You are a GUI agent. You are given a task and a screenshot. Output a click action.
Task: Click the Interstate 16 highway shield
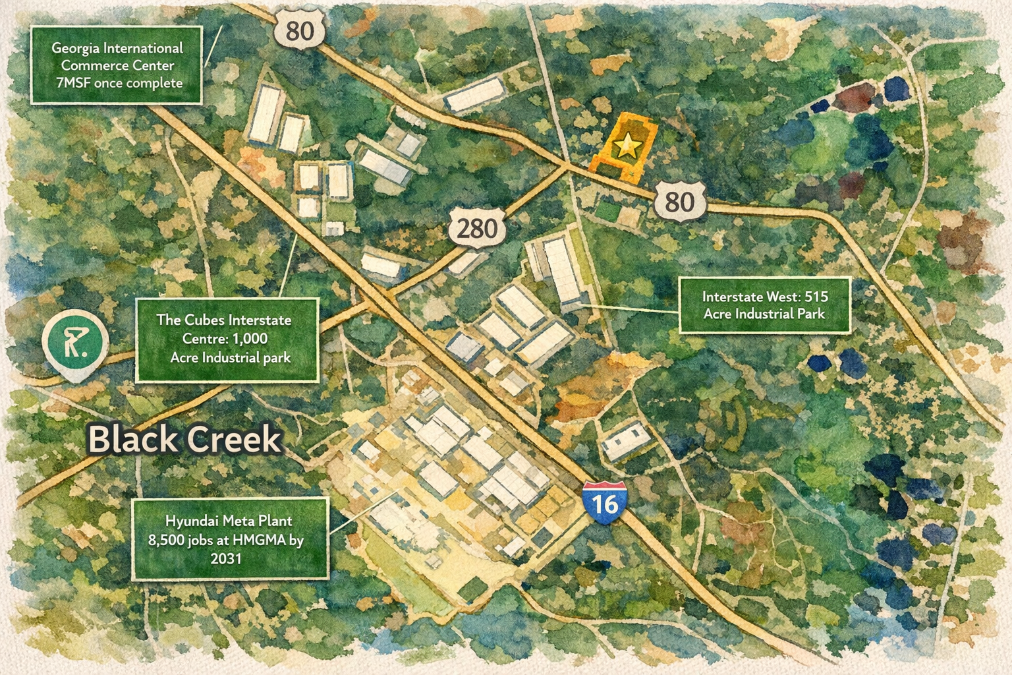(604, 502)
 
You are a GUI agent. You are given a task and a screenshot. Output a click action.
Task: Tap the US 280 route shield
(477, 229)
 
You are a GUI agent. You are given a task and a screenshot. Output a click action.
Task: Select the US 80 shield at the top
(300, 30)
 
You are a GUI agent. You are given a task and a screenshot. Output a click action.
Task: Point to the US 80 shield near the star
(679, 201)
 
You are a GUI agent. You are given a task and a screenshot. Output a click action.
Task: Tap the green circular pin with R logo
(75, 342)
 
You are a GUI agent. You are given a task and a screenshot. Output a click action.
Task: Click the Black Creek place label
(185, 439)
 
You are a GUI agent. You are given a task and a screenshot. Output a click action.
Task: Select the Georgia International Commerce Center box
(117, 65)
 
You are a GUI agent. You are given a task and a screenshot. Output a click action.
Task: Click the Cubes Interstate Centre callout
(227, 339)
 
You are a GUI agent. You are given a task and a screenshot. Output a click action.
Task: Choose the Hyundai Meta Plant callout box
(230, 539)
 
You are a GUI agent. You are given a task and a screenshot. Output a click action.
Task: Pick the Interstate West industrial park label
(764, 305)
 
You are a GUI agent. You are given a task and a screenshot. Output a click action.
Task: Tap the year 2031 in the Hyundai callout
(226, 558)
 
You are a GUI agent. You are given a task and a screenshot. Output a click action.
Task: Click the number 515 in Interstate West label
(816, 297)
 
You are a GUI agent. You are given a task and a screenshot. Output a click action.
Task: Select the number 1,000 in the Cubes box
(250, 339)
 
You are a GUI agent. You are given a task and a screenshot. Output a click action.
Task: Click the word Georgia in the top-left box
(76, 48)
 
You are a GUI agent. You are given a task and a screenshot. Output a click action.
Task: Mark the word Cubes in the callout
(204, 320)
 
